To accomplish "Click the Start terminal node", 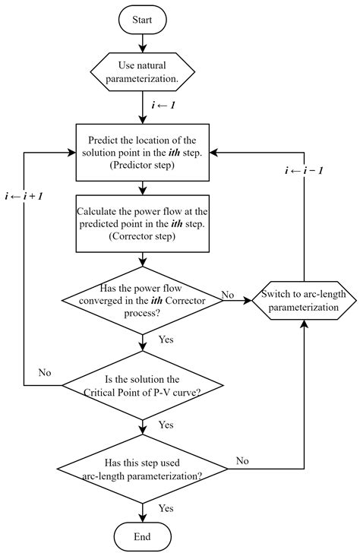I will [x=144, y=19].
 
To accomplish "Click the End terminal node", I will [x=144, y=536].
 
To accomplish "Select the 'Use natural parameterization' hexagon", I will [x=144, y=71].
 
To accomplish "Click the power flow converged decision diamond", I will [x=144, y=300].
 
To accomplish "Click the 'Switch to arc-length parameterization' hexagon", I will [x=304, y=300].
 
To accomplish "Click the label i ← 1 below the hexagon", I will [x=163, y=105].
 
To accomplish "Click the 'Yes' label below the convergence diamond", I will [x=166, y=340].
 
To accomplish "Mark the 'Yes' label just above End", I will [x=166, y=507].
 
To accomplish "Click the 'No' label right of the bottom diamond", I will [x=242, y=460].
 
